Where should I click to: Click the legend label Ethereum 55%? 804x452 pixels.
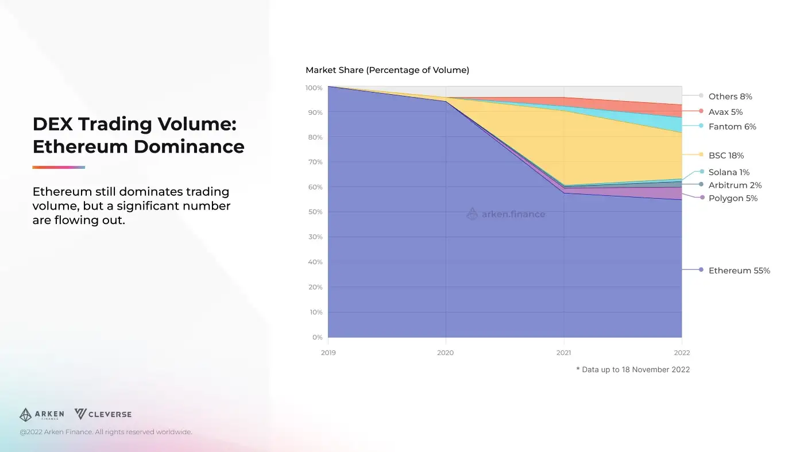point(739,271)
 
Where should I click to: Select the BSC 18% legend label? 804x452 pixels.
point(726,156)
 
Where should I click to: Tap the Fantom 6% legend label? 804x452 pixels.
point(732,127)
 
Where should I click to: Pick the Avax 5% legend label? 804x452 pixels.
point(725,112)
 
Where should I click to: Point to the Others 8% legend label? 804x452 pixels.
point(730,96)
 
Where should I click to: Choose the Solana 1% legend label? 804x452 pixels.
point(729,172)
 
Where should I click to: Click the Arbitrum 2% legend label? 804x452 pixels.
point(735,185)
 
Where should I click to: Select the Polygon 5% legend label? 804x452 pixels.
point(733,198)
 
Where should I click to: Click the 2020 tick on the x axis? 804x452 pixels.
point(445,353)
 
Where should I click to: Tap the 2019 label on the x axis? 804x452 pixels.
point(328,353)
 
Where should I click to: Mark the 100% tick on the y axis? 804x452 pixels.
point(314,88)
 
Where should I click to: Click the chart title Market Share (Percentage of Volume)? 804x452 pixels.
point(387,70)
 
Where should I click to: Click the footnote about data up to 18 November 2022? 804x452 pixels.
point(633,370)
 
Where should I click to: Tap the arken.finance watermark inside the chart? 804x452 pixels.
point(505,214)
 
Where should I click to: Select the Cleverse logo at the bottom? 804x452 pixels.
point(103,414)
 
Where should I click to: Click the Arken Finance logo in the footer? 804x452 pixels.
point(41,415)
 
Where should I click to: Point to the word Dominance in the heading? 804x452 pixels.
point(189,146)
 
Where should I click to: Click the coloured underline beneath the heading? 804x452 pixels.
point(59,167)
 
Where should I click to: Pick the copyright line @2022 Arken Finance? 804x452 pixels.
point(106,432)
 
